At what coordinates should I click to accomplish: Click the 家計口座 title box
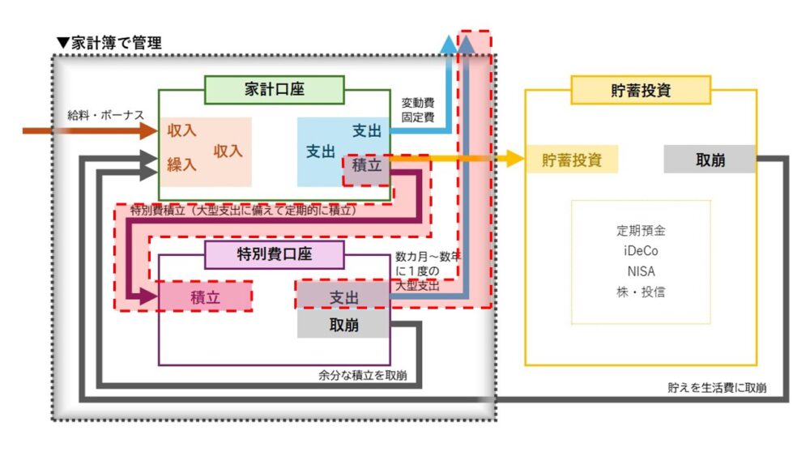tap(274, 90)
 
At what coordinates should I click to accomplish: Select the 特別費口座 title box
tap(274, 254)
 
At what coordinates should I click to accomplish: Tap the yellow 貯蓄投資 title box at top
tap(640, 90)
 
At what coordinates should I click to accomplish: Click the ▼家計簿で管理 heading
tap(109, 43)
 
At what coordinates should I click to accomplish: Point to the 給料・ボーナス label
tap(105, 115)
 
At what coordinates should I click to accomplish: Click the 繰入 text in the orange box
tap(182, 164)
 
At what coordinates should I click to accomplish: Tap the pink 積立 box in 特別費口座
tap(205, 297)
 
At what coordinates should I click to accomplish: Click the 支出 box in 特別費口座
tap(343, 297)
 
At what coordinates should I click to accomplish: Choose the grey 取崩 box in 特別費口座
tap(343, 326)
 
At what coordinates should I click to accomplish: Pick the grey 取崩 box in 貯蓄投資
tap(710, 160)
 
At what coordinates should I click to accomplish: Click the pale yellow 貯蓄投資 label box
tap(572, 160)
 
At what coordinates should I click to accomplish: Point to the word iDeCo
tap(640, 250)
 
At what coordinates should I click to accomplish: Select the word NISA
tap(640, 271)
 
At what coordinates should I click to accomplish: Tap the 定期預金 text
tap(640, 230)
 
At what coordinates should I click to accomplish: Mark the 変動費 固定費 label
tap(418, 110)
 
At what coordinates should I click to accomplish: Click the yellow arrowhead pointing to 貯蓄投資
tap(514, 159)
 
